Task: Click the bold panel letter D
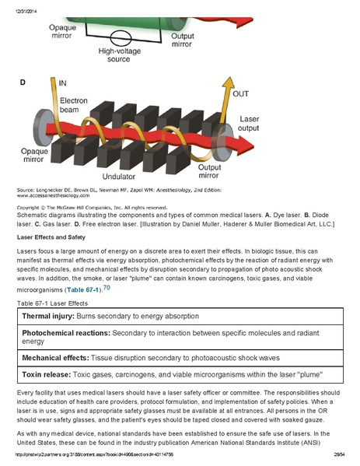click(x=22, y=82)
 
